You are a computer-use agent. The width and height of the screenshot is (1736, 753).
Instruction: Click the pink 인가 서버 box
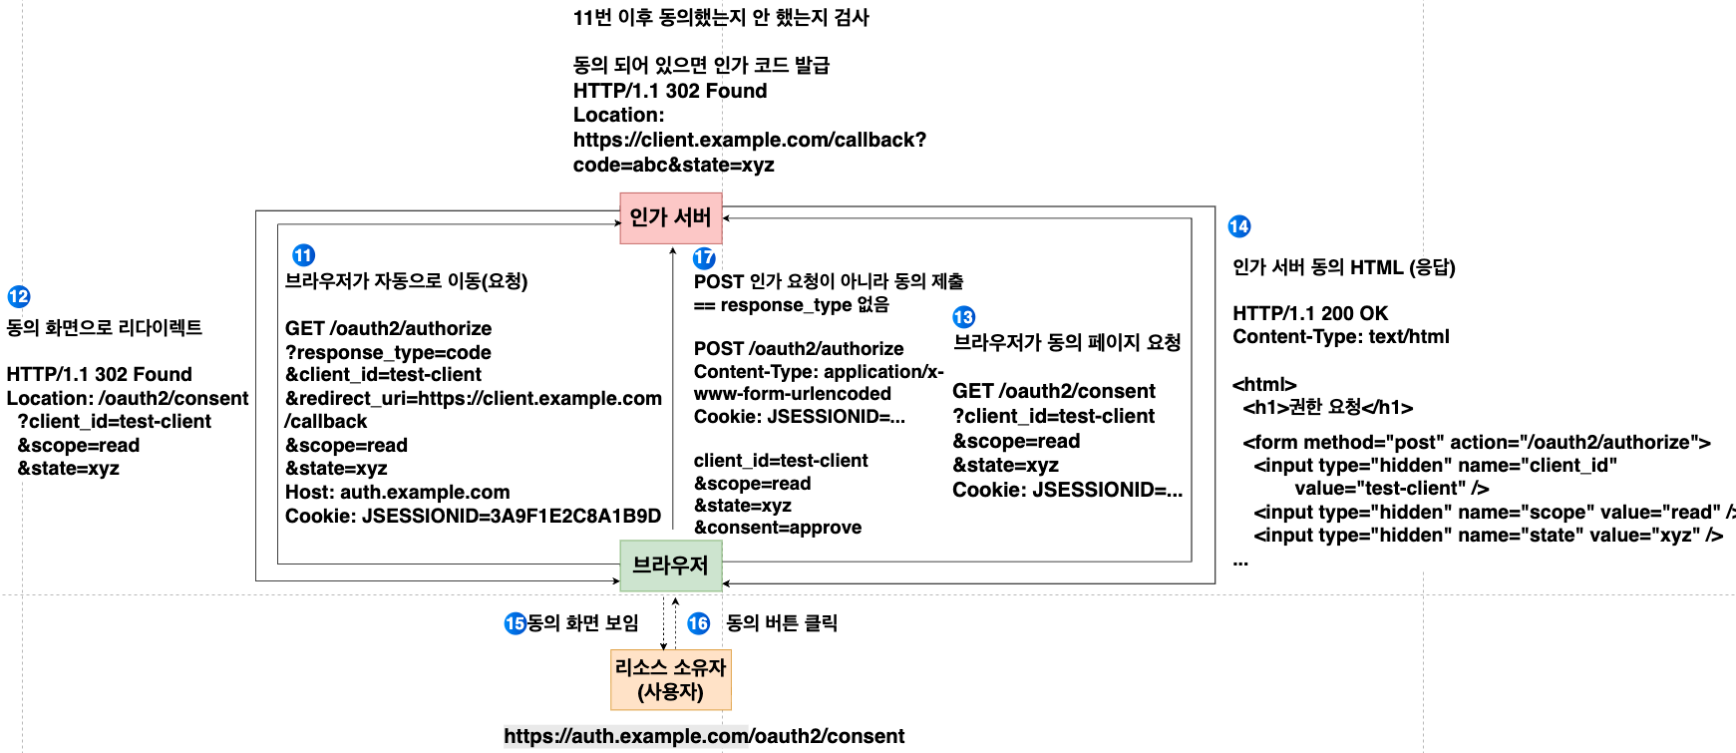(670, 217)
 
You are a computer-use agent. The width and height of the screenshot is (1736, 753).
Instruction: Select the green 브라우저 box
(670, 565)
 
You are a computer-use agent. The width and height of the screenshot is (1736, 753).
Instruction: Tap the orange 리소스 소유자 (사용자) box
(670, 679)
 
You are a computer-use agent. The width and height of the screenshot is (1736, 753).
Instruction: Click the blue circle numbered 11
(303, 255)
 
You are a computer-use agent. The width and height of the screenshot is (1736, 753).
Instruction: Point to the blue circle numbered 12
(19, 296)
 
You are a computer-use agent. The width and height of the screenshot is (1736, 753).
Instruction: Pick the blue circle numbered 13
(963, 317)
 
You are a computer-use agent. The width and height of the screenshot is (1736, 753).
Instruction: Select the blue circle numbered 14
(1239, 226)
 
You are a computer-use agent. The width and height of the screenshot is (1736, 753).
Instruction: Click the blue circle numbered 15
(515, 623)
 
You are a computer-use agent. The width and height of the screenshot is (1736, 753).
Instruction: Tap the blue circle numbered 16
(698, 623)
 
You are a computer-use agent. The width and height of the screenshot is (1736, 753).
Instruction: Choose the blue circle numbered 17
(704, 258)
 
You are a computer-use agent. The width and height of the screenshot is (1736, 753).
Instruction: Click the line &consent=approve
(778, 528)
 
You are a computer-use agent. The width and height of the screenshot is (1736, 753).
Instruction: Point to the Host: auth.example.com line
(397, 492)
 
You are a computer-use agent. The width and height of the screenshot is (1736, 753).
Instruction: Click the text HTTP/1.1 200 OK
(1309, 313)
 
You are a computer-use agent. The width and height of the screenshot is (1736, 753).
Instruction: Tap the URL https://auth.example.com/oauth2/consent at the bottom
(704, 736)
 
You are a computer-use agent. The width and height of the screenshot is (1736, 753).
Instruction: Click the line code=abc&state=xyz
(673, 165)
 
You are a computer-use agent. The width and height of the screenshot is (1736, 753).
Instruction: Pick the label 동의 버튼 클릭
(781, 623)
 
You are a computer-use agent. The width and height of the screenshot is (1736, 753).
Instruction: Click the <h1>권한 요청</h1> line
(1327, 407)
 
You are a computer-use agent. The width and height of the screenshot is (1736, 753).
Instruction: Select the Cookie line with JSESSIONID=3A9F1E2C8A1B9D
(473, 516)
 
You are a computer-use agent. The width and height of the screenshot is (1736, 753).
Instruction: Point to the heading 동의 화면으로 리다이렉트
(105, 327)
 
